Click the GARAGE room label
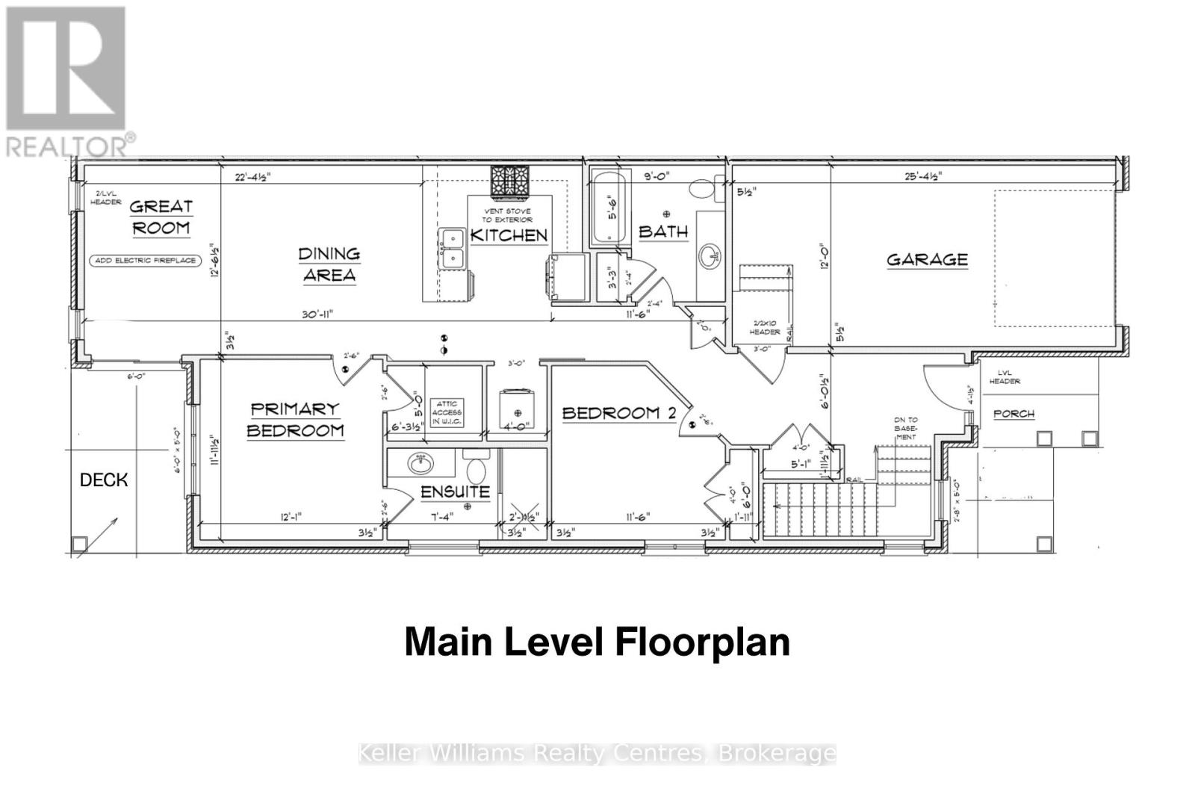coord(927,260)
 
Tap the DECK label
coord(104,480)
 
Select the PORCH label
coord(1014,413)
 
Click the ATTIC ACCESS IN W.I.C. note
coord(447,413)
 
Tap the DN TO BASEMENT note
coord(905,428)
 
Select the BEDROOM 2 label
coord(619,413)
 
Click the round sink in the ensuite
coord(421,463)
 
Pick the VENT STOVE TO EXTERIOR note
coord(508,216)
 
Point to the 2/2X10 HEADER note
coord(764,327)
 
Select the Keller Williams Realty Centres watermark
coord(597,753)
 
